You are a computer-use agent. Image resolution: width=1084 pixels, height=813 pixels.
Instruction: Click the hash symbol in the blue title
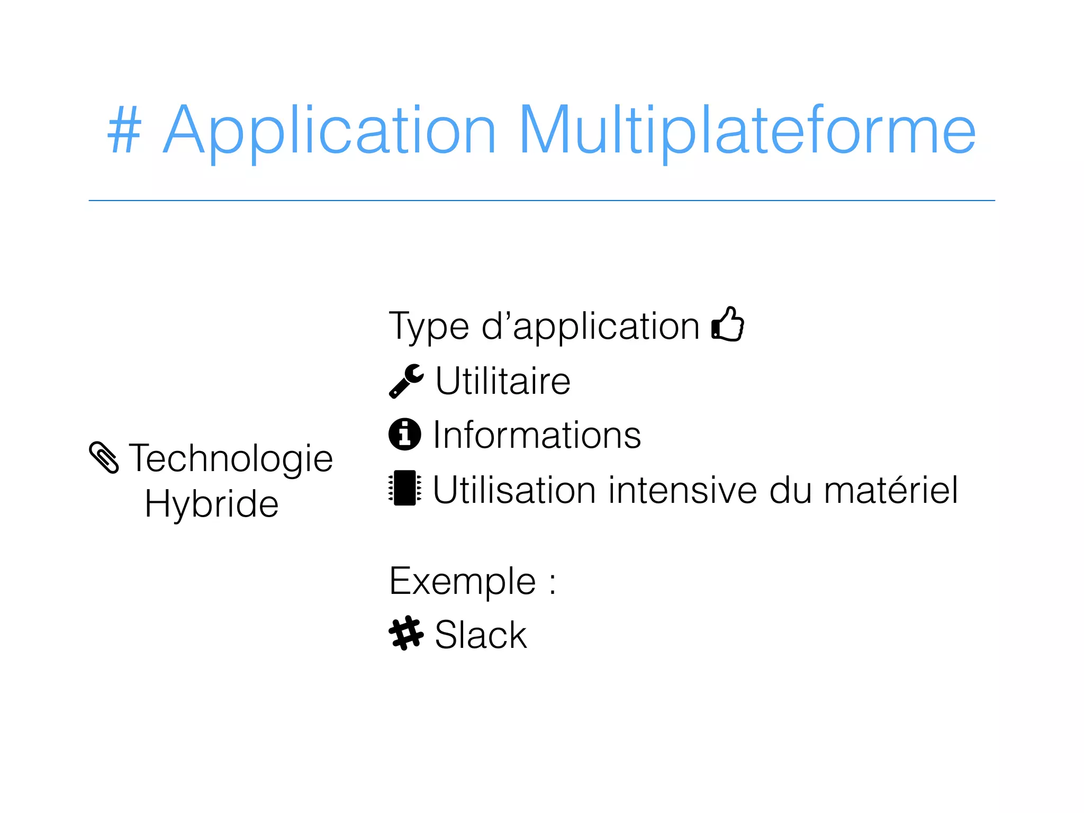pos(125,130)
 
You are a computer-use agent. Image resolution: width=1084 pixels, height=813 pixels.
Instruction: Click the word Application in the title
pos(329,131)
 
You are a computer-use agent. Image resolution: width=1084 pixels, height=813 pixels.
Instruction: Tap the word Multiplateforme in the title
pos(747,131)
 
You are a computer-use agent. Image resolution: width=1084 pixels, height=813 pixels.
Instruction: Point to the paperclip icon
pos(104,457)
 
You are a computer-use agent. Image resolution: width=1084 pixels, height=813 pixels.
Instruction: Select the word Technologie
pos(231,458)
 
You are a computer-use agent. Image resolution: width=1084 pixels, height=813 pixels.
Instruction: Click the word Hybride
pos(212,504)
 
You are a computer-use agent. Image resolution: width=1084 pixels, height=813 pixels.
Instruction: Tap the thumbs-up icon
pos(728,324)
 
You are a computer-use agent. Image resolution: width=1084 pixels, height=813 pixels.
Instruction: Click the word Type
pos(429,327)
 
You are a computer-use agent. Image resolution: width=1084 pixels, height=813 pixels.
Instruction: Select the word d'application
pos(591,327)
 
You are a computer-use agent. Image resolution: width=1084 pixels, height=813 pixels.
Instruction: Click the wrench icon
pos(406,381)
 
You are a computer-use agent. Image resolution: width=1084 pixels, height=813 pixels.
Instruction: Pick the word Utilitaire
pos(503,381)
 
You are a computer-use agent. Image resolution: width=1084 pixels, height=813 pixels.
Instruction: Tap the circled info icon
pos(405,435)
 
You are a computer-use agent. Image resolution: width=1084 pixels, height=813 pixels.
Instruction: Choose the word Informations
pos(537,435)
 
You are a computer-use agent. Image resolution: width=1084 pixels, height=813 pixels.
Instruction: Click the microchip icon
pos(405,488)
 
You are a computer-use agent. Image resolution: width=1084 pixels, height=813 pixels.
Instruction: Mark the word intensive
pos(683,490)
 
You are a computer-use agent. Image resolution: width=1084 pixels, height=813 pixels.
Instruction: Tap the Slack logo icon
pos(406,633)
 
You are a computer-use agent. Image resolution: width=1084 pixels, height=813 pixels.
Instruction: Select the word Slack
pos(481,635)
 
